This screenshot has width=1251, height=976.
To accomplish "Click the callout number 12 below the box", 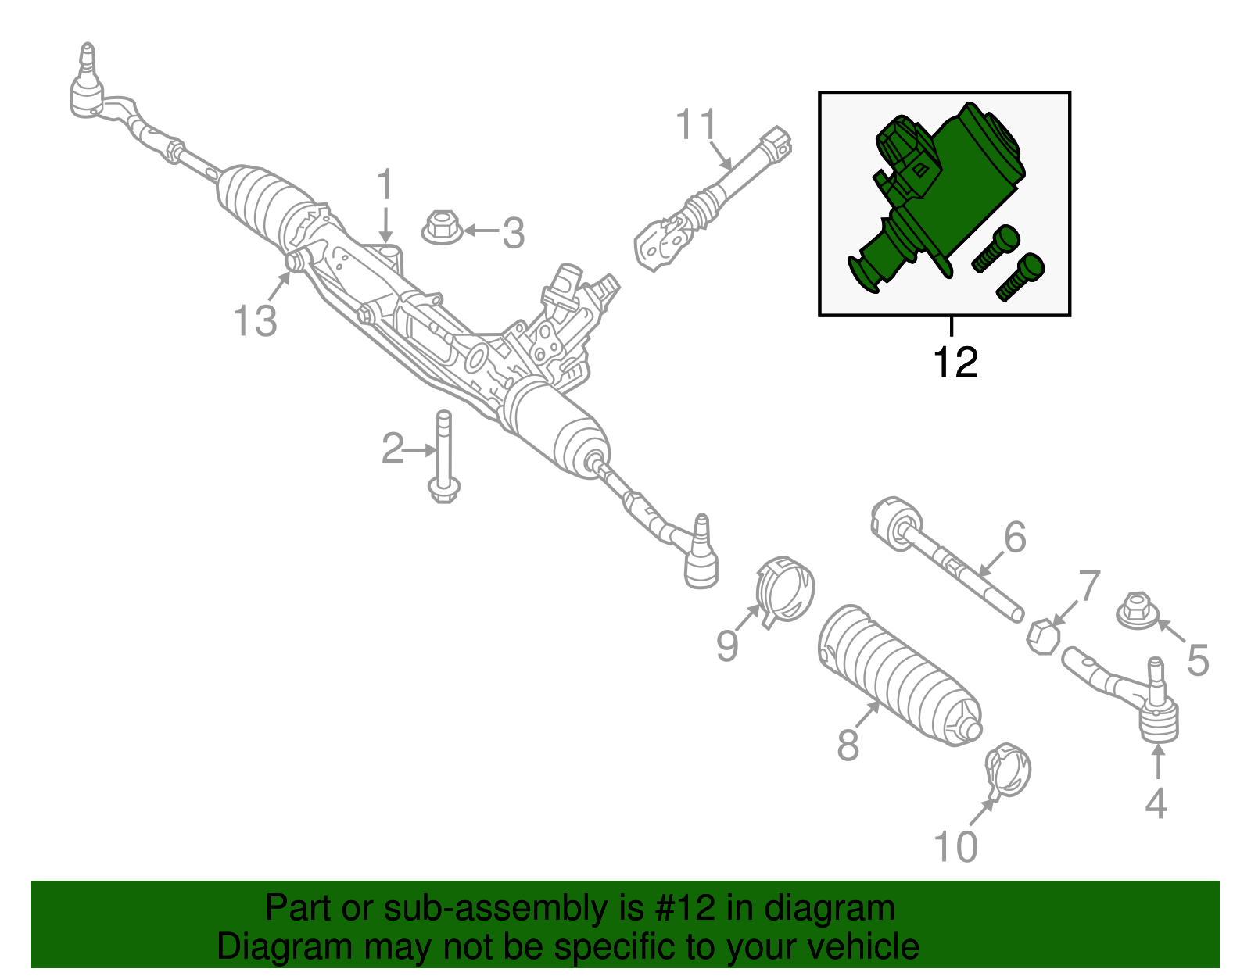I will (955, 363).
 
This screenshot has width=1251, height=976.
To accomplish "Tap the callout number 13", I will (255, 321).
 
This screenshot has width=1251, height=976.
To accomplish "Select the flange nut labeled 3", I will (441, 227).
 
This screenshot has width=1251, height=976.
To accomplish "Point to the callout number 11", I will (696, 125).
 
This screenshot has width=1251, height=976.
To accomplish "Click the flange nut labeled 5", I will (1136, 611).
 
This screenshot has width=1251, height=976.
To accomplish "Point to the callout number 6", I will (1014, 538).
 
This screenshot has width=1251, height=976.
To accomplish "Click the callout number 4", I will (1156, 803).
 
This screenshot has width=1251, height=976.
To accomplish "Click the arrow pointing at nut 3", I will (482, 231).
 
